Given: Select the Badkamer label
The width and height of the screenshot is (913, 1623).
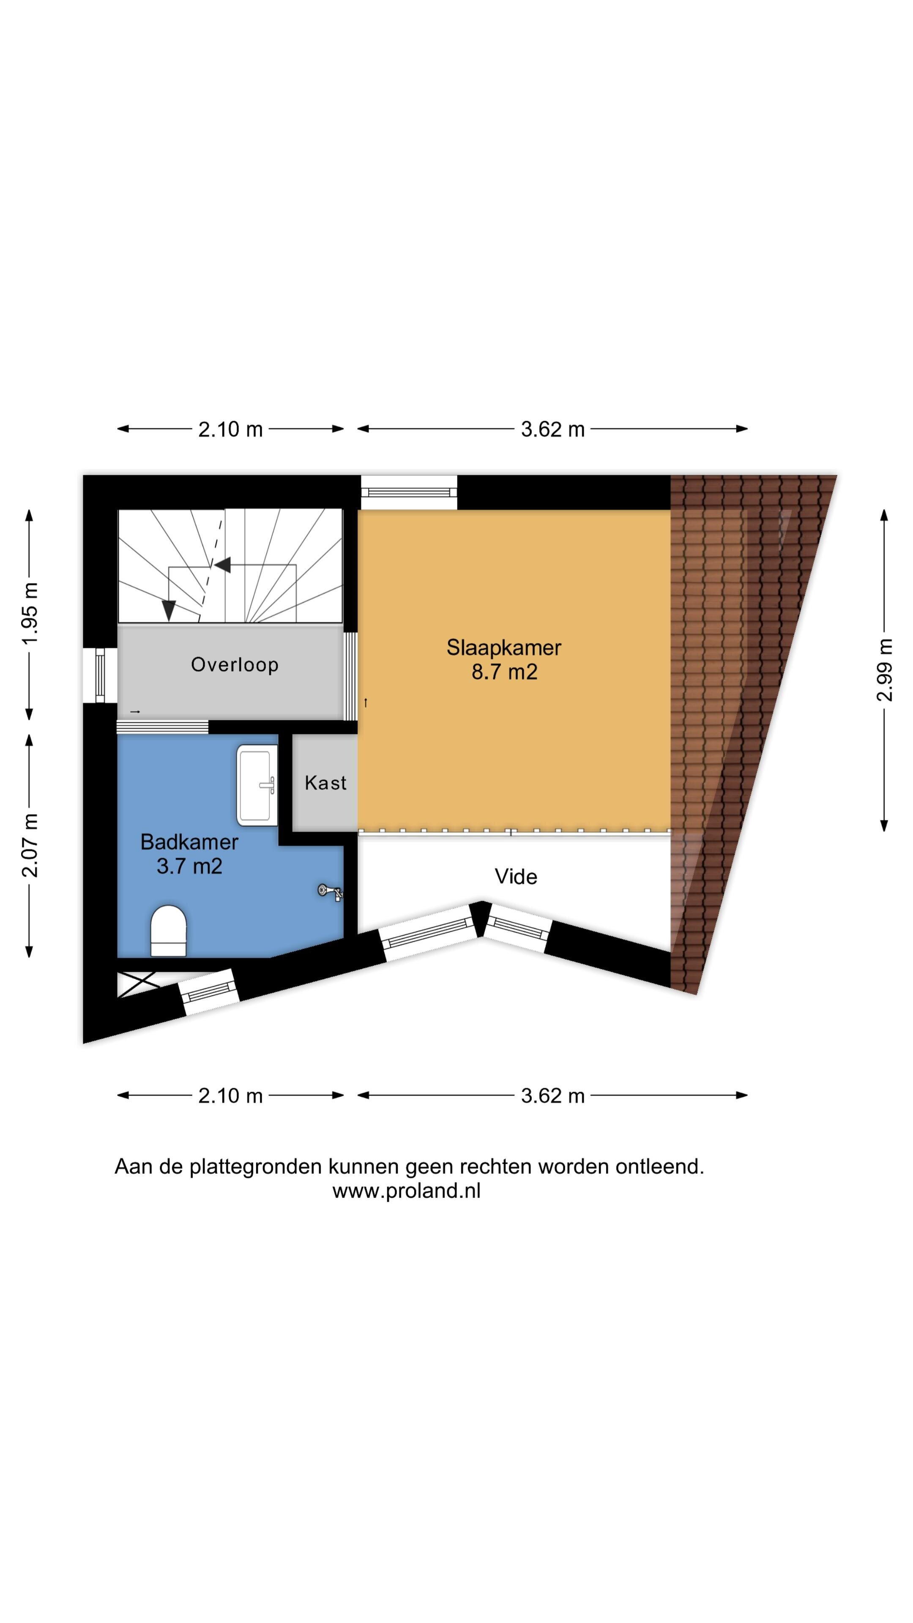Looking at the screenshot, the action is pos(189,842).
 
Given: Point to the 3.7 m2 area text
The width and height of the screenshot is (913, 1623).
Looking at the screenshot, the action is pos(189,866).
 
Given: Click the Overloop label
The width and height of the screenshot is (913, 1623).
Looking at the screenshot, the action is pos(235,665).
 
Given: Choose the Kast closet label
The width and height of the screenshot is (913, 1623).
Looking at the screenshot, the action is pos(325,782).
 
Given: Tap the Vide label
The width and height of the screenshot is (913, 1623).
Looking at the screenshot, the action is pos(515,877).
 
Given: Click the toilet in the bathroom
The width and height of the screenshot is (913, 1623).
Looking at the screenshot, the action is pos(168,931).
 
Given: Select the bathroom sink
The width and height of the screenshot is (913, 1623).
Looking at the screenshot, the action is pos(257,785).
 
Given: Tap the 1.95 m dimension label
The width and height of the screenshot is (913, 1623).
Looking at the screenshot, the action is pos(29,614).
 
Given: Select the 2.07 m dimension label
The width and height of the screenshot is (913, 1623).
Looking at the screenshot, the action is pos(29,845).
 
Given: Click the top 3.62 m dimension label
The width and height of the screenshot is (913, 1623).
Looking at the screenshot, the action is pos(552,429).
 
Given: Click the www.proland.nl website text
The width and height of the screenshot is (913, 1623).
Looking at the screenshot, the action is pos(406,1191).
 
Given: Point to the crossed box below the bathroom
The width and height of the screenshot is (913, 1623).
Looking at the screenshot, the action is pos(137,984).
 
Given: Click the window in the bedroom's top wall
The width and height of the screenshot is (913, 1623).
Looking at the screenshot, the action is pos(409,492).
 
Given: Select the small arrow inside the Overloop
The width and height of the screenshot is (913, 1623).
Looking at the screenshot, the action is pos(135,712).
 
